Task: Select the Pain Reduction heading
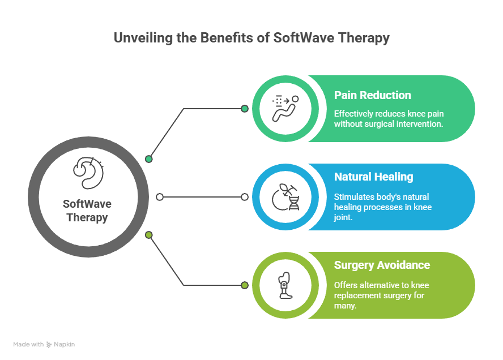tap(372, 95)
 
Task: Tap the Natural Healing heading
tap(373, 177)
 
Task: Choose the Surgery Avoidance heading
tap(382, 265)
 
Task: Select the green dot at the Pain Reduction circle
tap(245, 109)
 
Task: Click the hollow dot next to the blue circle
tap(245, 197)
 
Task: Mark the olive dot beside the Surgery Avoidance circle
tap(245, 285)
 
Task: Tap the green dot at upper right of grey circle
tap(149, 159)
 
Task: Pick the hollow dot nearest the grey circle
tap(160, 197)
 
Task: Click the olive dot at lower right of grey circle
tap(149, 234)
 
